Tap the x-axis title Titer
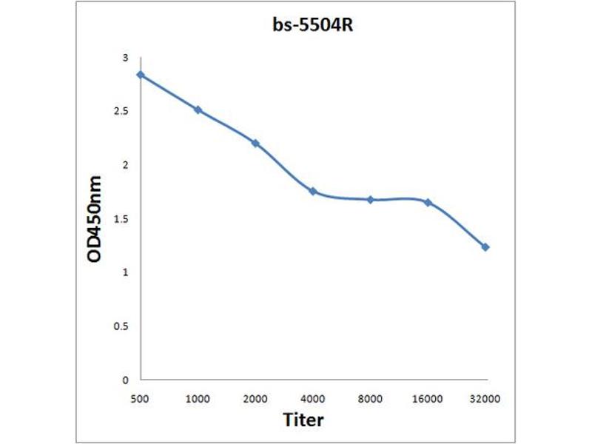(303, 420)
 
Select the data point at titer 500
(140, 75)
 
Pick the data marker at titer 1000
(198, 110)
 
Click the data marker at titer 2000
(255, 143)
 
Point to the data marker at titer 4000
(313, 191)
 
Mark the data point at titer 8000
(371, 200)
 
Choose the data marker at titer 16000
(428, 202)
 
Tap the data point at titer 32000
(485, 247)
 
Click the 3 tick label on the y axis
(125, 58)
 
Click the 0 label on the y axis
(125, 380)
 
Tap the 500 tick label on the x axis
(140, 399)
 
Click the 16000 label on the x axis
(428, 399)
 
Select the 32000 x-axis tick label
(485, 399)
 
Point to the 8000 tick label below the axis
(371, 399)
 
